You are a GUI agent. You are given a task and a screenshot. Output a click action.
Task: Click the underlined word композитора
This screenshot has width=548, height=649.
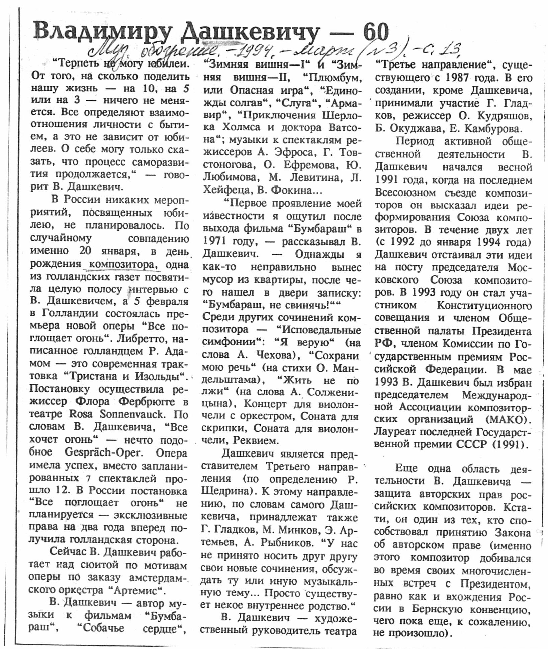pyautogui.click(x=122, y=264)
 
